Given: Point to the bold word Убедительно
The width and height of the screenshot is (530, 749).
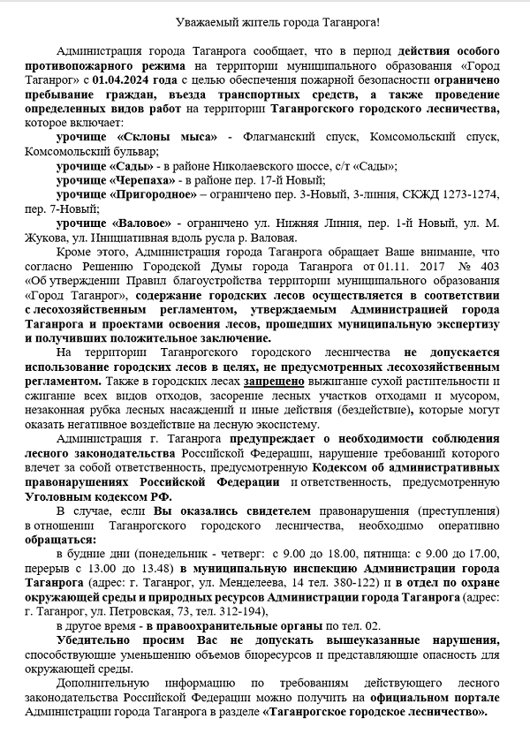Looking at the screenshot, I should (x=95, y=639).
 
